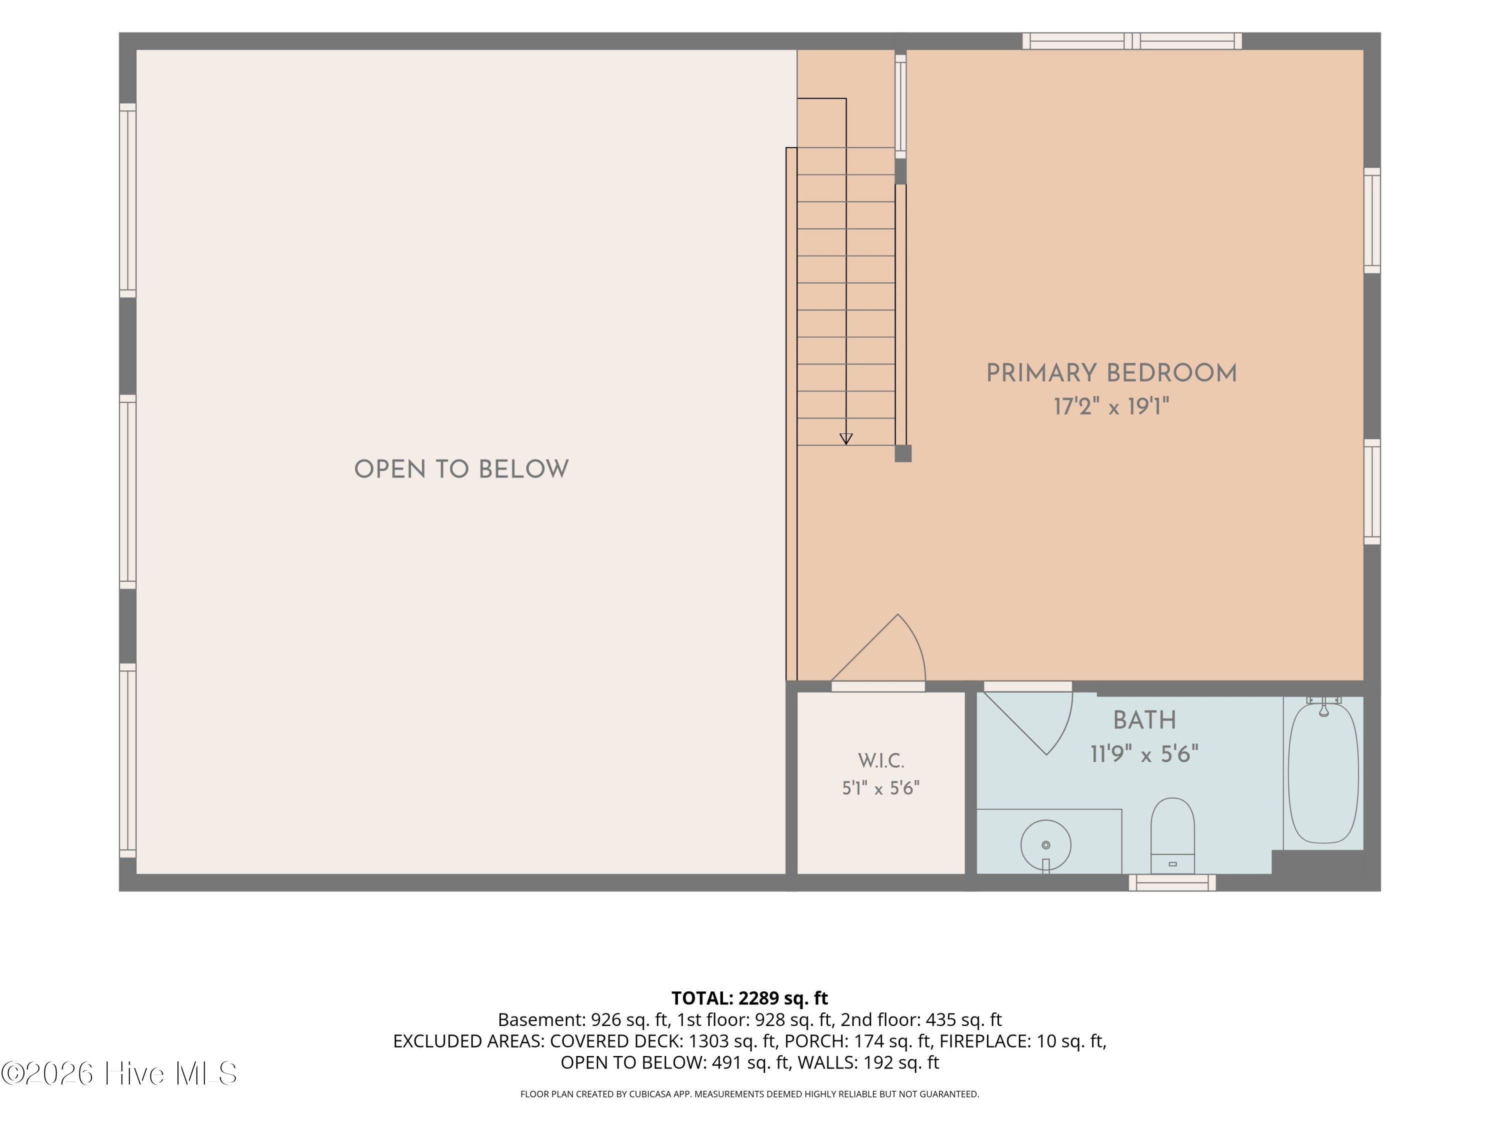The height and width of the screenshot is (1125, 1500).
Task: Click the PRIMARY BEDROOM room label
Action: pyautogui.click(x=1111, y=373)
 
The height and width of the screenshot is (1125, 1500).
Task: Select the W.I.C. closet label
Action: pyautogui.click(x=881, y=761)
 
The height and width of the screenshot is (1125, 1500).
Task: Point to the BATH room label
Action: pyautogui.click(x=1144, y=720)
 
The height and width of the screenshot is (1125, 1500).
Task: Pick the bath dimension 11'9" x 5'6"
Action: pyautogui.click(x=1144, y=754)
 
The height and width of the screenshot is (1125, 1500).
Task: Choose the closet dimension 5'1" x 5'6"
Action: pyautogui.click(x=881, y=788)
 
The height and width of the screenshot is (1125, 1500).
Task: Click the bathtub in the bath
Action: pyautogui.click(x=1323, y=773)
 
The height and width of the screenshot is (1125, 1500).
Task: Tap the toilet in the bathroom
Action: pyautogui.click(x=1172, y=835)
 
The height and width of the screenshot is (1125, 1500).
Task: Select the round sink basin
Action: pyautogui.click(x=1045, y=845)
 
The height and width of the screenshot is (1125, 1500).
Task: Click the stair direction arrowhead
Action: pyautogui.click(x=845, y=438)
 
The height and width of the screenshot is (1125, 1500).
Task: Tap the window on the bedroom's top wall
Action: pyautogui.click(x=1132, y=40)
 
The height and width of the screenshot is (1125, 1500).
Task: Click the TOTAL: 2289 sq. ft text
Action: pyautogui.click(x=749, y=998)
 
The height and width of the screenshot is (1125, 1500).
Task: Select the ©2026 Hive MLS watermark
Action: pyautogui.click(x=119, y=1073)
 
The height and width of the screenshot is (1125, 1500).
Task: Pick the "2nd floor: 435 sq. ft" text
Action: pyautogui.click(x=921, y=1020)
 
